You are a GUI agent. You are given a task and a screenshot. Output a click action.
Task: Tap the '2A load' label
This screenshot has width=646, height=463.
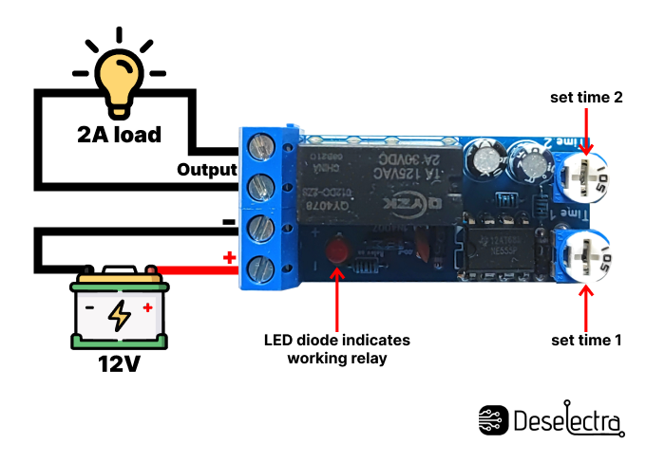[x=120, y=134]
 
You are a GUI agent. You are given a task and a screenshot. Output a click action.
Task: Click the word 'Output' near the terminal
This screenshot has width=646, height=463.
[x=206, y=170]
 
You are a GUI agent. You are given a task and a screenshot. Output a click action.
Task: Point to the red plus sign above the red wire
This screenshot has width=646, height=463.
[x=228, y=257]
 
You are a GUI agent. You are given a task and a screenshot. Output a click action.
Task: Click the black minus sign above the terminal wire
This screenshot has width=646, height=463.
[x=228, y=221]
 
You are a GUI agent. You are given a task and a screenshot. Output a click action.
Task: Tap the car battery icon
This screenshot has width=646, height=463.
[x=120, y=313]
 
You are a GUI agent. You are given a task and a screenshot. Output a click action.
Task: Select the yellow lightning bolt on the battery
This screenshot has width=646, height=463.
[x=120, y=315]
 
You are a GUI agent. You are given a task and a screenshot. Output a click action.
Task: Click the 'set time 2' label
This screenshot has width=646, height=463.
[x=586, y=97]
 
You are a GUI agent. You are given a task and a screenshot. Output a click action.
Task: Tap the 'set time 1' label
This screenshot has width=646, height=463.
[x=586, y=339]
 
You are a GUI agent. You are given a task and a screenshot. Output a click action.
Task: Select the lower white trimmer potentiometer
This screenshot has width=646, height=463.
[x=586, y=250]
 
